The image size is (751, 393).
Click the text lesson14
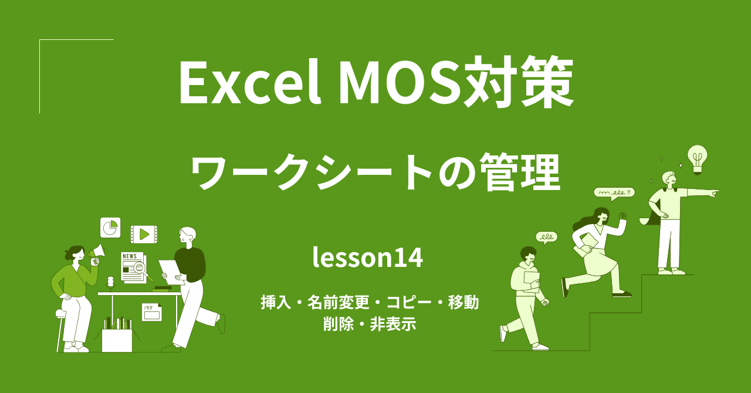pyautogui.click(x=367, y=258)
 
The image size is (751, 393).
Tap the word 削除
pyautogui.click(x=338, y=324)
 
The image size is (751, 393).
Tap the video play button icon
pyautogui.click(x=144, y=235)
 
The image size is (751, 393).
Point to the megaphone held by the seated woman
pyautogui.click(x=97, y=253)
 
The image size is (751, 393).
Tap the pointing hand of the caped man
pyautogui.click(x=713, y=192)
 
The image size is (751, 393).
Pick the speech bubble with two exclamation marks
pyautogui.click(x=614, y=192)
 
